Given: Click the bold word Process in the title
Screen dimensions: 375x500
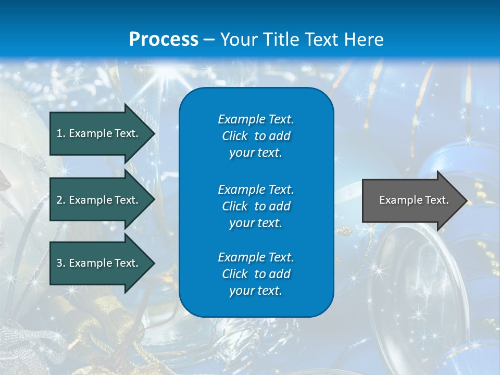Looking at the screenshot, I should point(164,40).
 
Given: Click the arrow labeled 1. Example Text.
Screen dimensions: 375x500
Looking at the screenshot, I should point(99,133).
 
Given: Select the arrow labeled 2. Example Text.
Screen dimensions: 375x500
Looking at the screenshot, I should point(99,200).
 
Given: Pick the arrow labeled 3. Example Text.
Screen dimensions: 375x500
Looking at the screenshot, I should point(99,263).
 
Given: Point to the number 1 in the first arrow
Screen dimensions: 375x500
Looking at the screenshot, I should point(59,133).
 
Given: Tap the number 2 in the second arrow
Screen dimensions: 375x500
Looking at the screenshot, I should point(59,200).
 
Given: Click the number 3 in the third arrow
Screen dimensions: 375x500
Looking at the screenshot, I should point(59,263).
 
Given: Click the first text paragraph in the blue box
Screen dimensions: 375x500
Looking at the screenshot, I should point(256,136).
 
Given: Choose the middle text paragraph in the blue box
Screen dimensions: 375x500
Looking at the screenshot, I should point(256,206).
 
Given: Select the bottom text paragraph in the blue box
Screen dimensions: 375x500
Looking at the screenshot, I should point(256,274).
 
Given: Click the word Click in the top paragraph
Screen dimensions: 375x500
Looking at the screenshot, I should point(234,136).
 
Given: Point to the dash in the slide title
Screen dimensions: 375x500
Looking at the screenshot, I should point(209,40).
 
